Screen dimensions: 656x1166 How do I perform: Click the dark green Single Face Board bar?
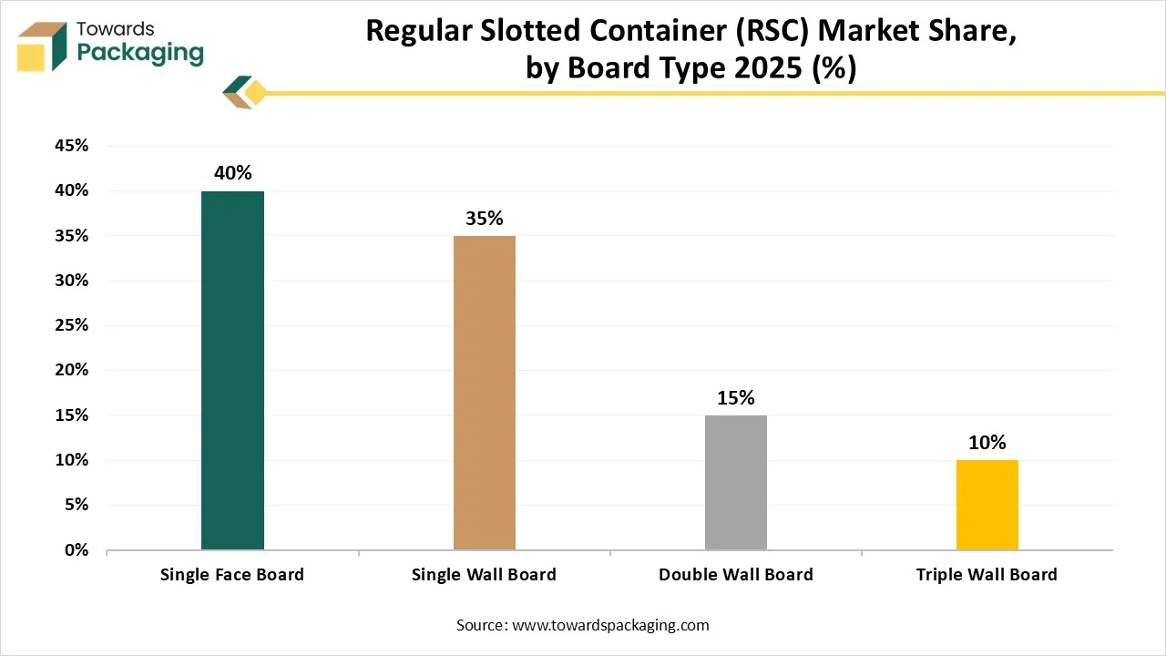point(232,370)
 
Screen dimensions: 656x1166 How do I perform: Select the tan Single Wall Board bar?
point(484,393)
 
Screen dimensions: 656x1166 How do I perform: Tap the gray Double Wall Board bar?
point(735,482)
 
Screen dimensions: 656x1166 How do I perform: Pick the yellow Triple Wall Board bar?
point(987,505)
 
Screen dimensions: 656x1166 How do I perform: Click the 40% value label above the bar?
point(232,173)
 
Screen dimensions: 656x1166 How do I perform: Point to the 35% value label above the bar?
point(484,219)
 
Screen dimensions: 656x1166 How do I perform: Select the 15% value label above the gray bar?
point(735,398)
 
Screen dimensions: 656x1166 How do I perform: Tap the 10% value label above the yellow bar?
point(987,443)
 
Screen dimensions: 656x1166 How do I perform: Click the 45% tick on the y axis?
point(71,146)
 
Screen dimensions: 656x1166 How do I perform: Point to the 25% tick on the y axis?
point(71,325)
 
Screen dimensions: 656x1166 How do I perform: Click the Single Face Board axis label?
point(232,575)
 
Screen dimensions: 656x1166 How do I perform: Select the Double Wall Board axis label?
point(735,575)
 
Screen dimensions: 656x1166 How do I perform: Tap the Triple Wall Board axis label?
point(987,575)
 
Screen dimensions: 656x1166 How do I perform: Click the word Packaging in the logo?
point(140,53)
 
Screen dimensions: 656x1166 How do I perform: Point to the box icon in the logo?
point(42,46)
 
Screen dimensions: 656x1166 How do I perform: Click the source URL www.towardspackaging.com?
point(610,625)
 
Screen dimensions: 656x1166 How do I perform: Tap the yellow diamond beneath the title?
point(256,92)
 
